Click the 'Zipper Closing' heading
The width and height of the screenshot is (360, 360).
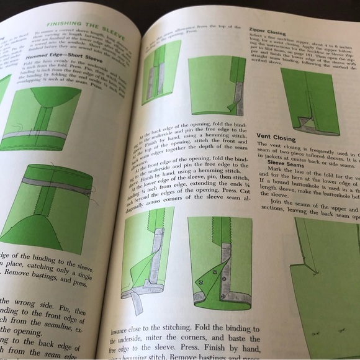(x=268, y=30)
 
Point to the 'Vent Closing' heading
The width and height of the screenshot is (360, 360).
(x=276, y=138)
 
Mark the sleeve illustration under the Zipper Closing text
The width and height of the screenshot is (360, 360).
(x=308, y=101)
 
